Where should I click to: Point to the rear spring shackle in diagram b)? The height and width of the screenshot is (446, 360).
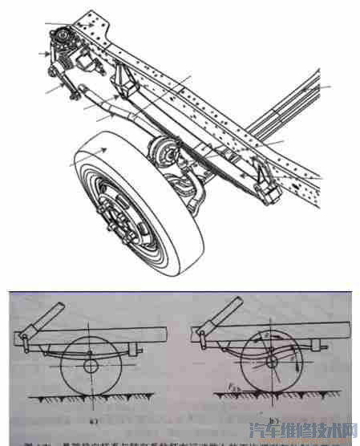point(322,352)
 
